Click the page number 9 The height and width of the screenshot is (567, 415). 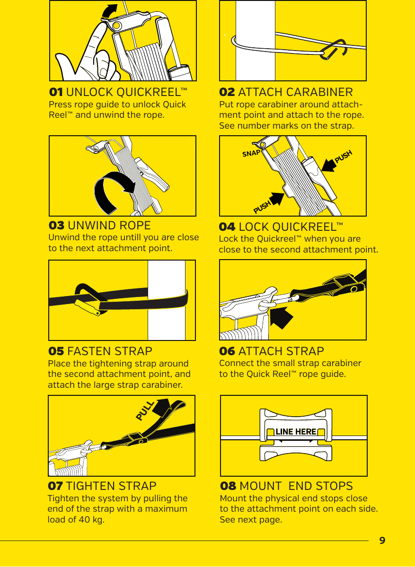pos(382,540)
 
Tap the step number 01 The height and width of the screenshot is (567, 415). pos(56,91)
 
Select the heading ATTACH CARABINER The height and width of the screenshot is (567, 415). pos(295,92)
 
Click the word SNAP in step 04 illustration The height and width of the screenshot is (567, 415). pos(251,153)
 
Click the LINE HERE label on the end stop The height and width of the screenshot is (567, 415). pos(296,432)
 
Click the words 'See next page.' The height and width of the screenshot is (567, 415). pos(251,520)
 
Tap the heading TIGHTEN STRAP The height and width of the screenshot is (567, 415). pos(111,486)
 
